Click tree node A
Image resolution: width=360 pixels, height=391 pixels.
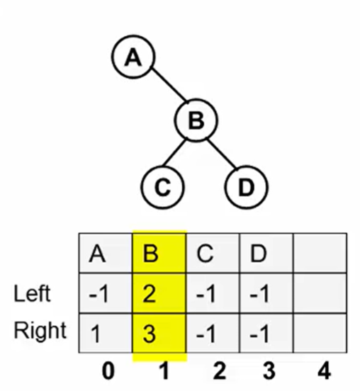(133, 57)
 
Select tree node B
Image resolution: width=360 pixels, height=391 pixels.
(196, 120)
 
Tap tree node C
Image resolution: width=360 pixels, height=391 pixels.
(162, 187)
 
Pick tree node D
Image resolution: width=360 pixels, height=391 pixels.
(247, 187)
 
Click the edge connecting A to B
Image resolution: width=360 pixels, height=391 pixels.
(169, 84)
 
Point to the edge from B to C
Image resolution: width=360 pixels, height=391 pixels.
(174, 152)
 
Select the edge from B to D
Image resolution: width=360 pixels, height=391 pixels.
(222, 153)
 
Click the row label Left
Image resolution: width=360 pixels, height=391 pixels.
(32, 293)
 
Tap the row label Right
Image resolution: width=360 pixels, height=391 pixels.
(40, 331)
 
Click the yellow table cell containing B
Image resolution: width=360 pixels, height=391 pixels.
(159, 253)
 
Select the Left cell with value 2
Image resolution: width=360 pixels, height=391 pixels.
(159, 293)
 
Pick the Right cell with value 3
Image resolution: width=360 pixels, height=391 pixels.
(159, 333)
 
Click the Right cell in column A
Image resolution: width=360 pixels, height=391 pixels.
(106, 333)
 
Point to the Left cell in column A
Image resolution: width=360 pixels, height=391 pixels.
(106, 293)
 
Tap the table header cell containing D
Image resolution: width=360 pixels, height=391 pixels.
(266, 253)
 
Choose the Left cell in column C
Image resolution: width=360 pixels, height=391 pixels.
(213, 293)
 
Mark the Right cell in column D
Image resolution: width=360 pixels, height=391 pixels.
(266, 333)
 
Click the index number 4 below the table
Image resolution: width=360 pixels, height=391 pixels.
(325, 371)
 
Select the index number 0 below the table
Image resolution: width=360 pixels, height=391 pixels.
(108, 371)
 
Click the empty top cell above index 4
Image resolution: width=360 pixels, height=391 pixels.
(320, 253)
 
